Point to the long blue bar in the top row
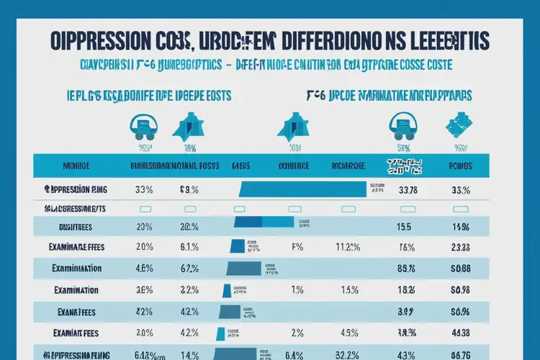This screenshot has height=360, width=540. tap(302, 190)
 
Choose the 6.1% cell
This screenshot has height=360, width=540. tap(189, 246)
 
